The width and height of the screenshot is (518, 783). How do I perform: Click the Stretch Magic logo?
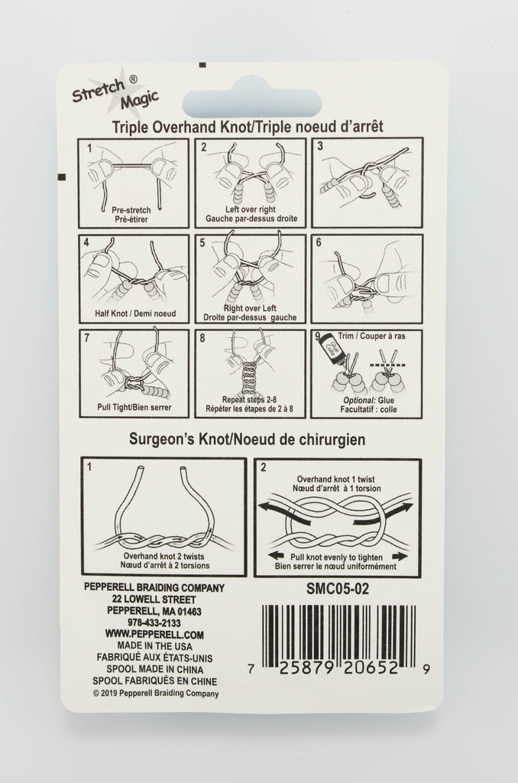115,92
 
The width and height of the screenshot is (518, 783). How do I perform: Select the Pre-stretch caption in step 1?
131,210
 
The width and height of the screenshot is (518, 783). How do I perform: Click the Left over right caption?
251,210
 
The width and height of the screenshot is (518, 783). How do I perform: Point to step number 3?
320,146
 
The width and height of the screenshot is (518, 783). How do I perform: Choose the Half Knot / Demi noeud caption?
135,314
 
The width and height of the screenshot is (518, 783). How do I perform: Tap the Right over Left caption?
250,308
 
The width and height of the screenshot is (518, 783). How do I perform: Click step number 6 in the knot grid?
319,242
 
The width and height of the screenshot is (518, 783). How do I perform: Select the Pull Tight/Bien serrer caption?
134,408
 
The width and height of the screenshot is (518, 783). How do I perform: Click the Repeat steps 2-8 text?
250,400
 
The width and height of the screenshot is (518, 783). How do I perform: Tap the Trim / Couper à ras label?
372,336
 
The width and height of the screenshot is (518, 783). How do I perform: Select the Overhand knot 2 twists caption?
163,557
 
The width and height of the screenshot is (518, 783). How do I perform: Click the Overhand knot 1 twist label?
335,479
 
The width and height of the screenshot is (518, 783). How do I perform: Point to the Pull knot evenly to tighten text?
336,557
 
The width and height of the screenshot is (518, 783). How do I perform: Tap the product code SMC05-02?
338,590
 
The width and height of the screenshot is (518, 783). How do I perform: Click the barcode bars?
338,633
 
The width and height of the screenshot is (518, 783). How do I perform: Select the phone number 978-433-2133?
154,623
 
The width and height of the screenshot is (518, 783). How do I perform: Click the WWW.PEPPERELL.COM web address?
154,635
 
